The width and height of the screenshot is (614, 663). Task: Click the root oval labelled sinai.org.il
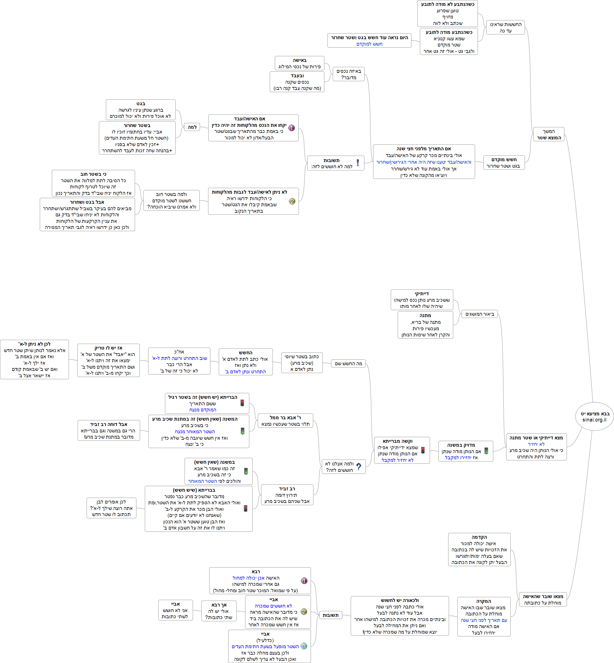click(594, 417)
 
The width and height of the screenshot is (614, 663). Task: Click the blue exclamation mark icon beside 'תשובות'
click(357, 163)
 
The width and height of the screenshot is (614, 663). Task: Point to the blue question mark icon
click(359, 467)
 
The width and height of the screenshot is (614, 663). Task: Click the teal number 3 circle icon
click(304, 646)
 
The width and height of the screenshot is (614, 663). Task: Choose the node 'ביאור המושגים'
click(480, 314)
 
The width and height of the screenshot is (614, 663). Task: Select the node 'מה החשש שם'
click(348, 364)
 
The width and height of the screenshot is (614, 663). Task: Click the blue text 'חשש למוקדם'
click(369, 44)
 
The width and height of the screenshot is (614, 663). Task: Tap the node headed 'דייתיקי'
click(422, 300)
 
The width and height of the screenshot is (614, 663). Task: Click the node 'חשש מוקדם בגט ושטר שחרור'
click(504, 163)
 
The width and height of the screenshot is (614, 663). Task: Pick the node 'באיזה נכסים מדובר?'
click(348, 74)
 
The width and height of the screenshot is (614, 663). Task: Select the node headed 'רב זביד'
click(287, 495)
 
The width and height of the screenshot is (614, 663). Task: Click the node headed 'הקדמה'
click(479, 549)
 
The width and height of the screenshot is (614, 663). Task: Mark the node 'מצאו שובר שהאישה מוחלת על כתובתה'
click(543, 599)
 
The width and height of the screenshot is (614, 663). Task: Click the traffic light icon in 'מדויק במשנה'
click(486, 451)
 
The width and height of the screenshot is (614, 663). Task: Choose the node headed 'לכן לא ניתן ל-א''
click(34, 360)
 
